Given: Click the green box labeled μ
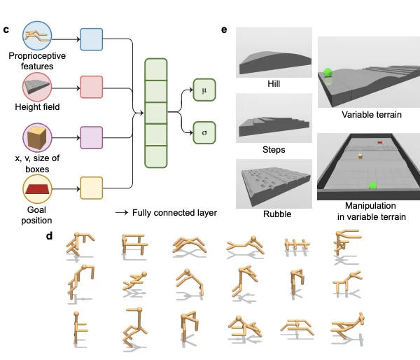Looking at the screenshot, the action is coord(204,90).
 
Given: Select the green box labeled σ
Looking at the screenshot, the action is coord(204,132).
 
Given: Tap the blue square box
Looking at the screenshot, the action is coord(91,39).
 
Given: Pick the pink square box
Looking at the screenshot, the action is coord(91,87).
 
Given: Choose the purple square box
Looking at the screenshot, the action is coord(91,137).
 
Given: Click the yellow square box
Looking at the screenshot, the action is coord(91,188).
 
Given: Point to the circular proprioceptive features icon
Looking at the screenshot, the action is coord(37,36).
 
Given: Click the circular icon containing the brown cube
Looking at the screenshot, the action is coord(37,137).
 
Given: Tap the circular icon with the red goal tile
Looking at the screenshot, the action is coord(37,189).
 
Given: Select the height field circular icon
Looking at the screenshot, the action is coord(37,87).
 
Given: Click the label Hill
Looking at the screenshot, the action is coord(274,83).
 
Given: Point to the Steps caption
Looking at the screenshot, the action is coord(274,149).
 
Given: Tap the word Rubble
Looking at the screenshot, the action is coord(277,214).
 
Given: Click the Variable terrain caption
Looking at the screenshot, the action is coord(372,115).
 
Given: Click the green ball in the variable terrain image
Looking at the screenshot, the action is coord(328,72).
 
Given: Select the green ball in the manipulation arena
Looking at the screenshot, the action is coord(372,186).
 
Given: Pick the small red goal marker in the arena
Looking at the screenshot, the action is coord(380,142).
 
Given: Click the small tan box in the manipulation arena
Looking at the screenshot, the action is coord(360,156).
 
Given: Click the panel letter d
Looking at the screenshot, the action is coord(49,235).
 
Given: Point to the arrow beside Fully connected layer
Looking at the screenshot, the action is coord(122,213).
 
